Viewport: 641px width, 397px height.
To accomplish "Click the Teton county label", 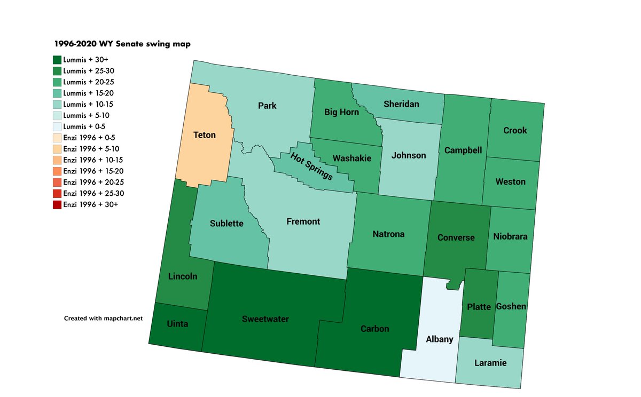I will click(x=204, y=135).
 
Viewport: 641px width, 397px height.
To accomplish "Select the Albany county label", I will click(x=440, y=339).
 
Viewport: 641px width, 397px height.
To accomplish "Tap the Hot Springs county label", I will click(x=312, y=166).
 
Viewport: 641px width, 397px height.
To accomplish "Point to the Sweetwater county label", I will click(x=265, y=319).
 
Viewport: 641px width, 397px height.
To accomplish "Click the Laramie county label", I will click(x=490, y=363).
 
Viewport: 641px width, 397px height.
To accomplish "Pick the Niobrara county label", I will click(x=510, y=236).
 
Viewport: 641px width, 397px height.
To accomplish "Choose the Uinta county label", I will click(x=177, y=324).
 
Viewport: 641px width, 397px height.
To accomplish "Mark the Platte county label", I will click(x=479, y=307).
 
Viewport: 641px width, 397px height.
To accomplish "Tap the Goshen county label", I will click(x=511, y=306).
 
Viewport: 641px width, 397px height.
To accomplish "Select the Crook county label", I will click(x=515, y=130).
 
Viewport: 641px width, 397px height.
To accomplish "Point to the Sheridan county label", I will click(x=401, y=105).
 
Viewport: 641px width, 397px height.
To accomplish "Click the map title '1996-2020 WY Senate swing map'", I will click(x=122, y=45).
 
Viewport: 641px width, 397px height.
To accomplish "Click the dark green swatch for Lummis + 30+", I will click(x=57, y=60).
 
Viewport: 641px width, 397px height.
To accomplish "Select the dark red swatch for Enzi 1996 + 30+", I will click(x=57, y=205).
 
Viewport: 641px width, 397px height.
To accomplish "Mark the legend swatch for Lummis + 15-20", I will click(x=57, y=93).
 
